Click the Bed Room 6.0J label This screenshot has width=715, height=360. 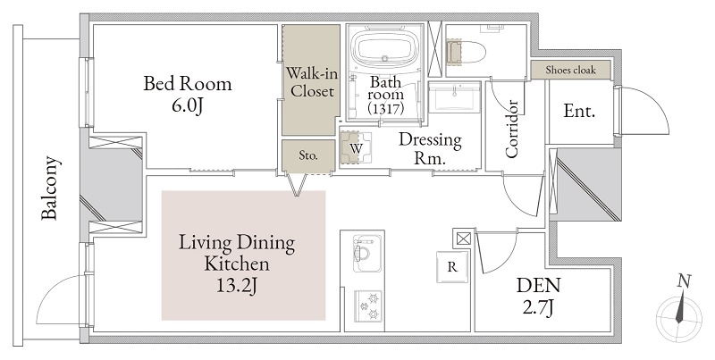pos(188,95)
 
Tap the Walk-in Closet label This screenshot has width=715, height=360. pos(312,82)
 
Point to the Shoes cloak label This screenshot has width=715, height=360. pos(570,71)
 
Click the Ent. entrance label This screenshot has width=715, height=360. pos(579,111)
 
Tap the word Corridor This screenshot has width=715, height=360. pos(511,129)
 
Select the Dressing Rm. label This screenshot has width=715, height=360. pos(430,148)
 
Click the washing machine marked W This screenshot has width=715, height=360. pos(356,147)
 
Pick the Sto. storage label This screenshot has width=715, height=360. pos(308,155)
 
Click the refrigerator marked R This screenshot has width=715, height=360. pos(452,266)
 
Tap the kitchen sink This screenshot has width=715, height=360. pos(367,254)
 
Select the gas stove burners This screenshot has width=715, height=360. pos(368,306)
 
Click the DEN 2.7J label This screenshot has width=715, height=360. pos(538,297)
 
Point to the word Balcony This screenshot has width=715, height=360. pos(50,188)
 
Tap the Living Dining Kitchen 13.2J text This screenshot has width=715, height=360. pos(237,264)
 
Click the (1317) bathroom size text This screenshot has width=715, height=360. pos(386,109)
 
